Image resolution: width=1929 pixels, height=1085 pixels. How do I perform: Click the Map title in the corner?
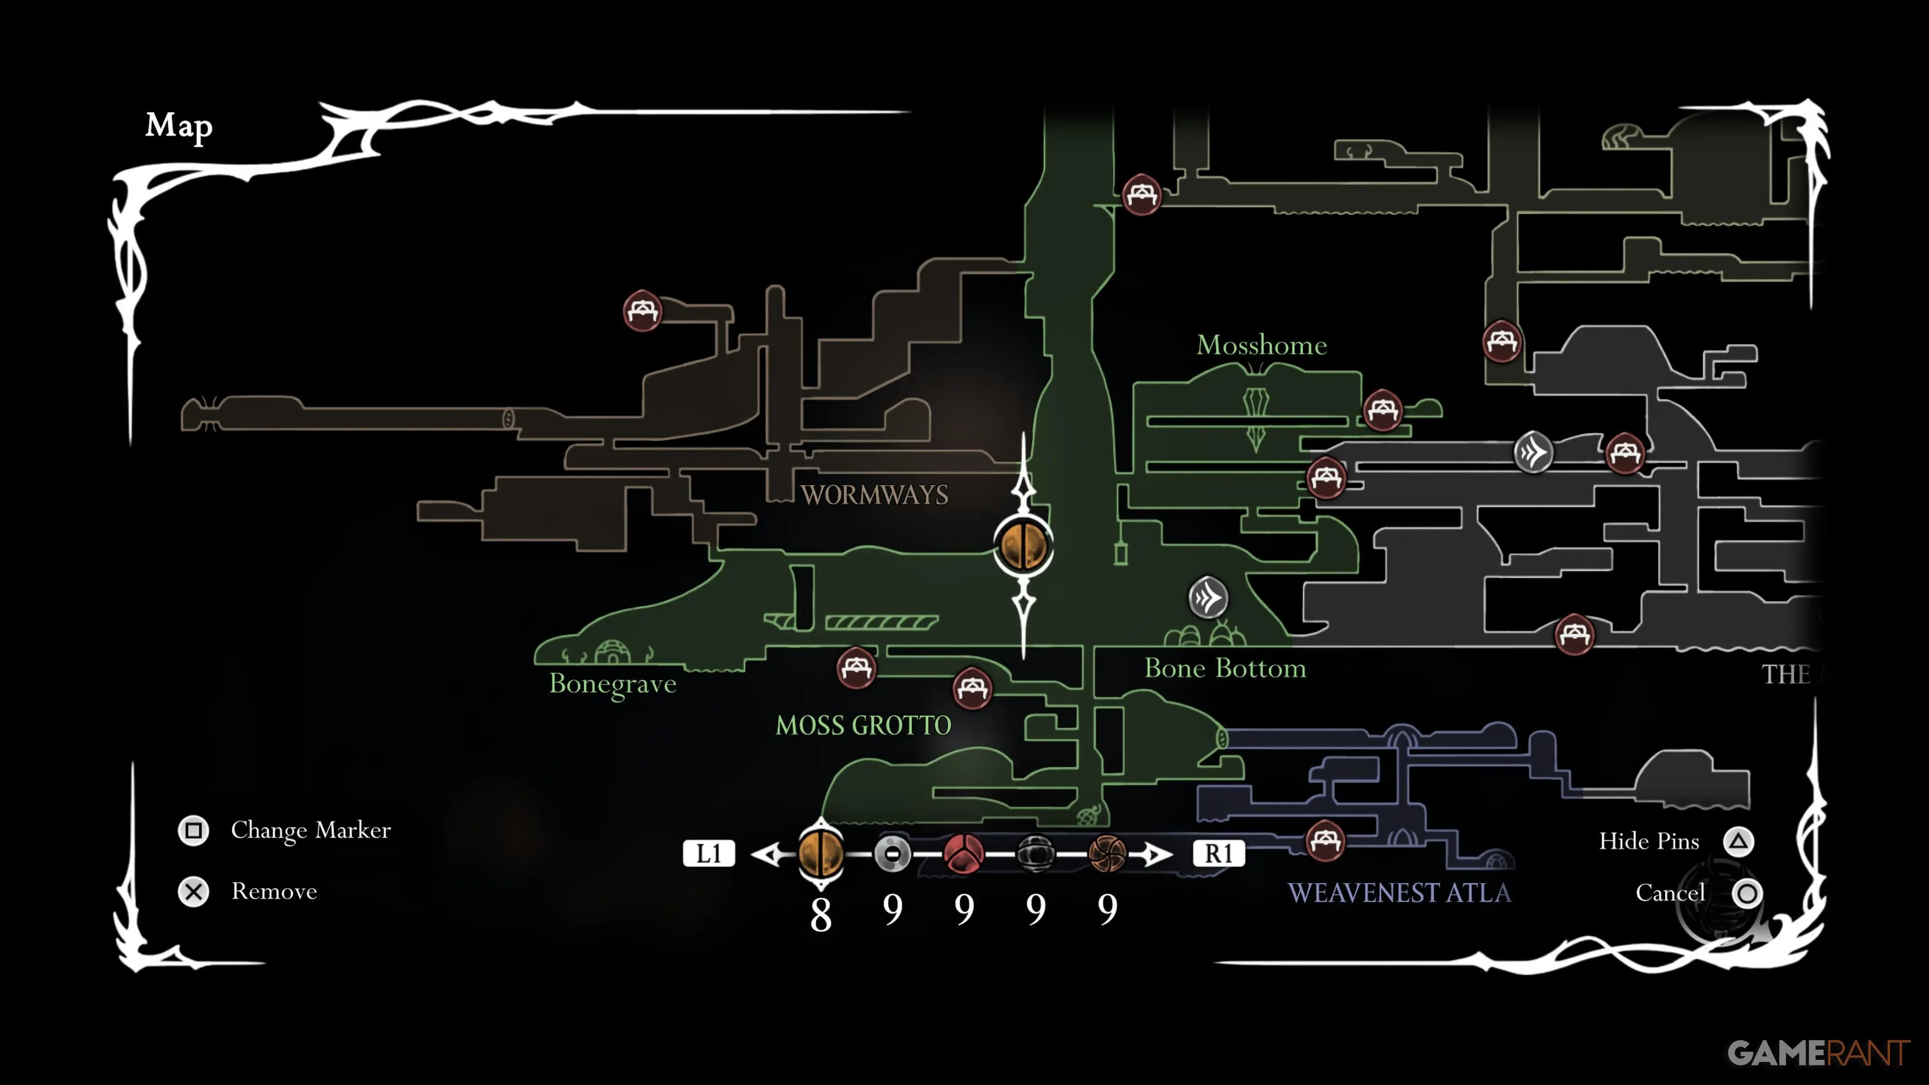[x=178, y=126]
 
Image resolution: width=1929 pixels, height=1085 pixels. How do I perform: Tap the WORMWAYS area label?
[x=874, y=495]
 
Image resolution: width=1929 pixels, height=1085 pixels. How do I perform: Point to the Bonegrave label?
[x=612, y=684]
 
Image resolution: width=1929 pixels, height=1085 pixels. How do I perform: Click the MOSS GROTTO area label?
[x=863, y=725]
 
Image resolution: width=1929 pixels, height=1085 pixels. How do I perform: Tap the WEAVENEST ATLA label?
[x=1399, y=893]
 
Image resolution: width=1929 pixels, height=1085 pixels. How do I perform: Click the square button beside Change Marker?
[x=193, y=830]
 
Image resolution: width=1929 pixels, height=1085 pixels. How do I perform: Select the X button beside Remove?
[x=193, y=892]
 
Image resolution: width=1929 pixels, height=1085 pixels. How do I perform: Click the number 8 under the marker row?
[x=821, y=914]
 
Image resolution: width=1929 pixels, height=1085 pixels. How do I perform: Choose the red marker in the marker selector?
[x=964, y=853]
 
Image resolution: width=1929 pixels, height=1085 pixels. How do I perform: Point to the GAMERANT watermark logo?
[x=1817, y=1053]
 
